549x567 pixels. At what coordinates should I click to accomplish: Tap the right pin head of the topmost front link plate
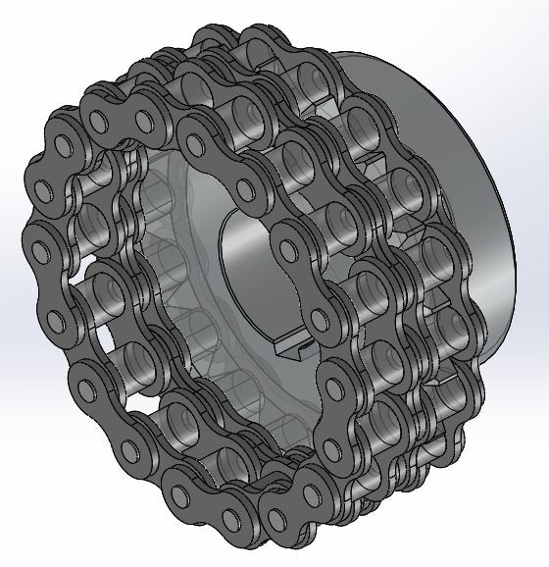coord(147,123)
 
